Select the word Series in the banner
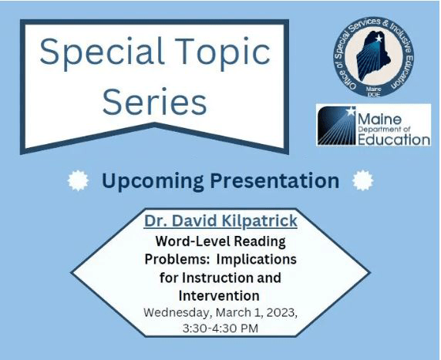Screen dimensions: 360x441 tap(155, 101)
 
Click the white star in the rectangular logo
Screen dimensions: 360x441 tap(352, 113)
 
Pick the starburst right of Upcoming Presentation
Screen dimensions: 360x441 tap(362, 181)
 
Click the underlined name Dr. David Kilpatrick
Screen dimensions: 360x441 tap(220, 222)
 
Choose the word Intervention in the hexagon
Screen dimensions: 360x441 tap(219, 295)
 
